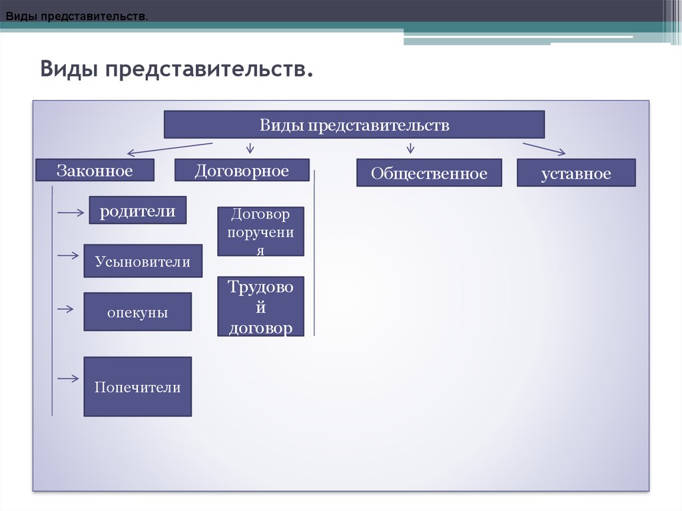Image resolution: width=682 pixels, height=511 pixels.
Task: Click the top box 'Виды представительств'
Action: pos(354,125)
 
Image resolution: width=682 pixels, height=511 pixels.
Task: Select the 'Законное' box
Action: pos(95,170)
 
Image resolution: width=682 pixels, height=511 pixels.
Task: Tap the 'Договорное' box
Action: pos(242,170)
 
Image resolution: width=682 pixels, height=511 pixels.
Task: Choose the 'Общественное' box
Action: pos(429,173)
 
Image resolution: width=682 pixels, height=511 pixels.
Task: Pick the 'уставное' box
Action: pos(576,173)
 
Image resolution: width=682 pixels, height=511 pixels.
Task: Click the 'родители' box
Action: pos(138,211)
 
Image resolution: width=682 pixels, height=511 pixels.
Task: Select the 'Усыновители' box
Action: pos(143,260)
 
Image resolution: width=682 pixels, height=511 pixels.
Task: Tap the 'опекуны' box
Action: pos(138,312)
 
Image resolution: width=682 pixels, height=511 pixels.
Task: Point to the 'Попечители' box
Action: pos(138,386)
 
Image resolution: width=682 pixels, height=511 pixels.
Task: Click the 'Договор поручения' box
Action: pos(260,232)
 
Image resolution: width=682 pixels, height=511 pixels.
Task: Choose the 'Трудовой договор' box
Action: pos(260,306)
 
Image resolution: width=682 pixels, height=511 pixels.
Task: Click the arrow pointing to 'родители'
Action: pos(71,213)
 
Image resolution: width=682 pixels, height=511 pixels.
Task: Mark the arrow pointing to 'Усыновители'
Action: pos(69,255)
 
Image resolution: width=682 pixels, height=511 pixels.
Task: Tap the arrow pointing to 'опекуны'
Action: pos(66,309)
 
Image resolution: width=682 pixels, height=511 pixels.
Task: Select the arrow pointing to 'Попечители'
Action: pos(69,378)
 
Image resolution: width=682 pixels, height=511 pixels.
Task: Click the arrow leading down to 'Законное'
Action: pos(170,149)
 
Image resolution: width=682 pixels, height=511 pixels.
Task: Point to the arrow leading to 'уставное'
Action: pos(544,149)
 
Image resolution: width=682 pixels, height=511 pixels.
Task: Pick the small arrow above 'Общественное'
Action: pos(410,148)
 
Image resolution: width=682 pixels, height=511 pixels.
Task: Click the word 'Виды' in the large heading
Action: pos(69,69)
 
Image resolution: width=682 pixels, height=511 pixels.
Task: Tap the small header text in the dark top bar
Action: pos(77,17)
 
